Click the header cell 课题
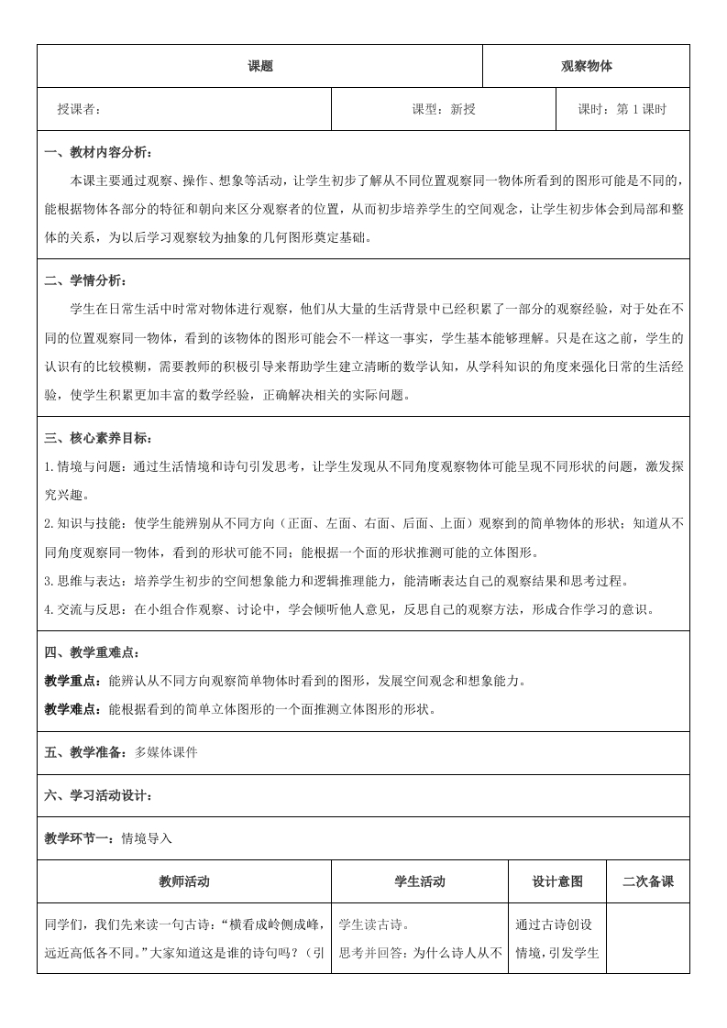click(x=260, y=66)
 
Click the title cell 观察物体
click(x=586, y=66)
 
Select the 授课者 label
click(x=78, y=110)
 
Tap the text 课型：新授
click(x=444, y=110)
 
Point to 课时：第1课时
click(x=622, y=110)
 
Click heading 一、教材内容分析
click(x=99, y=152)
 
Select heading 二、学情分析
click(x=86, y=280)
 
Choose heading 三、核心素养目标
click(x=99, y=438)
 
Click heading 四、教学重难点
click(x=93, y=652)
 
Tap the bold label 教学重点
click(x=73, y=681)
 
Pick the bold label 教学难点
click(x=73, y=709)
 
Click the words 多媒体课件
click(x=166, y=752)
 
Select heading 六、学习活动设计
click(x=99, y=795)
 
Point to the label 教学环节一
click(x=79, y=838)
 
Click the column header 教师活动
click(x=183, y=881)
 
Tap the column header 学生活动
click(x=419, y=881)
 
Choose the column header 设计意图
click(x=557, y=881)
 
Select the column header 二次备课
click(x=647, y=881)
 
